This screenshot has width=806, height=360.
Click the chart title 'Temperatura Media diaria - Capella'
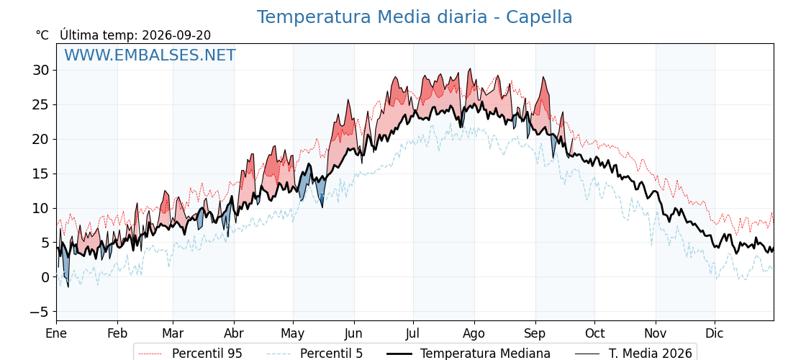pyautogui.click(x=415, y=17)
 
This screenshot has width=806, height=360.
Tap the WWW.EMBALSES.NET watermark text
pyautogui.click(x=150, y=55)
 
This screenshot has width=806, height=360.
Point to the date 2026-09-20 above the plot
pyautogui.click(x=176, y=35)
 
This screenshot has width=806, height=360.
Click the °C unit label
pyautogui.click(x=42, y=35)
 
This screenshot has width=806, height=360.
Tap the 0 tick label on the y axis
pyautogui.click(x=46, y=277)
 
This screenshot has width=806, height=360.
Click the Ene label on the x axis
pyautogui.click(x=57, y=333)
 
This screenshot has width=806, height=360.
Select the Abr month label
pyautogui.click(x=234, y=333)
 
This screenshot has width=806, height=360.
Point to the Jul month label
pyautogui.click(x=413, y=333)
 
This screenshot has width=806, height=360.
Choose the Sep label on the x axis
pyautogui.click(x=535, y=333)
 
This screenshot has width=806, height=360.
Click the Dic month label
pyautogui.click(x=715, y=333)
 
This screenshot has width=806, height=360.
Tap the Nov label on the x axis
pyautogui.click(x=656, y=333)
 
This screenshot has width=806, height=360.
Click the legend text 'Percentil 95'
pyautogui.click(x=207, y=354)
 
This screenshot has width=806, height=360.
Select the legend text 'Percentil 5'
pyautogui.click(x=332, y=354)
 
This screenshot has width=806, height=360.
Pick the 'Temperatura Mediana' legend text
pyautogui.click(x=486, y=354)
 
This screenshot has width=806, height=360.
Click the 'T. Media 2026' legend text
pyautogui.click(x=651, y=354)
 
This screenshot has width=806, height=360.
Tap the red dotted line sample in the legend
pyautogui.click(x=150, y=354)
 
